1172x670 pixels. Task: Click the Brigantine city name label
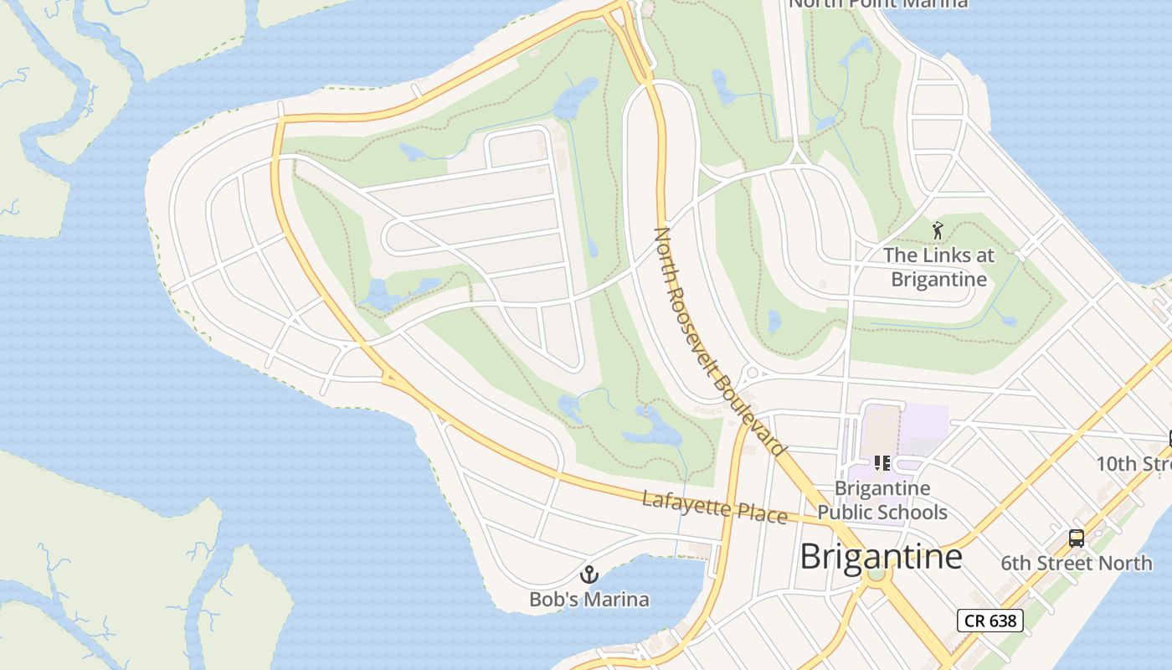pos(881,557)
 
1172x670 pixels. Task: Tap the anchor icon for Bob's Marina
pos(589,575)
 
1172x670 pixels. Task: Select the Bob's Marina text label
pos(589,600)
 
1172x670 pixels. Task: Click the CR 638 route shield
pos(990,621)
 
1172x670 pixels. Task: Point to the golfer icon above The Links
pos(938,229)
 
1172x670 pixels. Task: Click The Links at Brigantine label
pos(938,267)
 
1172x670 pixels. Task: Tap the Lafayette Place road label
pos(714,508)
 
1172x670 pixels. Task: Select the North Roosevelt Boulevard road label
pos(719,341)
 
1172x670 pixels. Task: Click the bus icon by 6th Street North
pos(1077,539)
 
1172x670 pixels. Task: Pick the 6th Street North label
pos(1077,564)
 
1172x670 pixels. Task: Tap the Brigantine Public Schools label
pos(882,500)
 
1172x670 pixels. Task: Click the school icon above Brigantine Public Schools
pos(882,463)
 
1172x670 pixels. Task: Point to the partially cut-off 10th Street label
pos(1134,464)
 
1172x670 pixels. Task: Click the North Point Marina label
pos(878,3)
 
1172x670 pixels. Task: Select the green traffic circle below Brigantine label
pos(876,575)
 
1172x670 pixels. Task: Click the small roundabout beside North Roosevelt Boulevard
pos(751,373)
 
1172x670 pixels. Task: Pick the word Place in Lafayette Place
pos(762,513)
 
